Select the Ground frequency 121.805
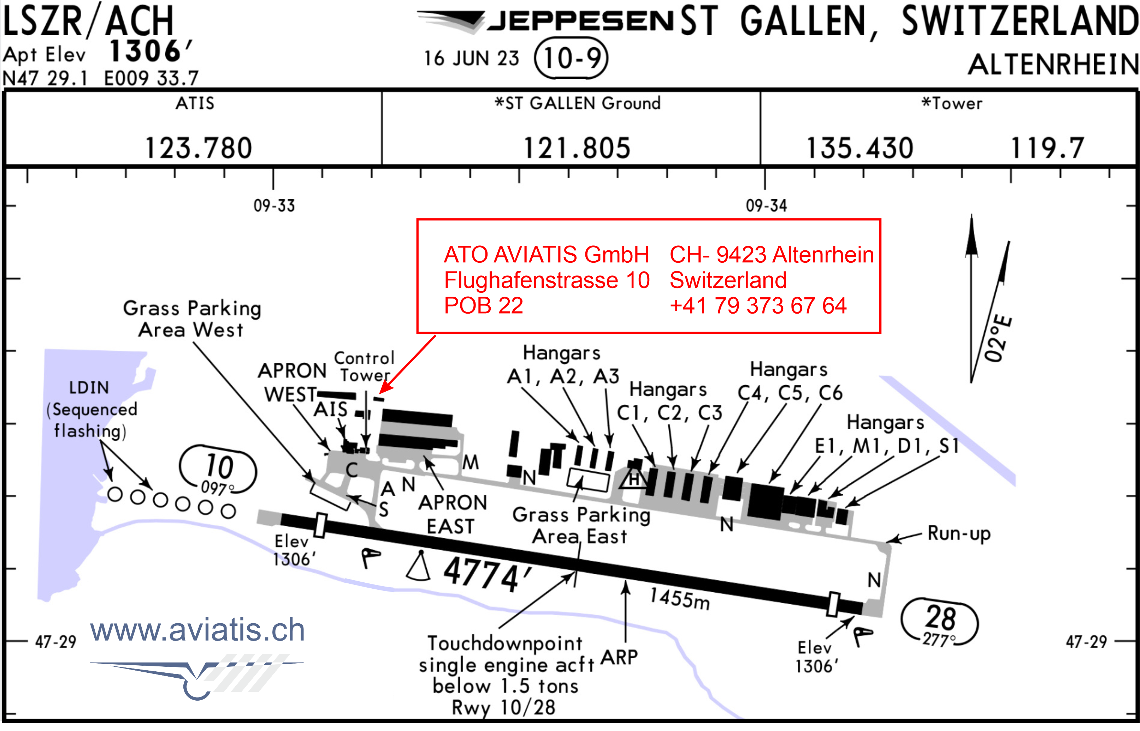coord(577,148)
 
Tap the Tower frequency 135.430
coord(860,148)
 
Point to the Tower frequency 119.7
coord(1047,148)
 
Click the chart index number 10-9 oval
coord(571,58)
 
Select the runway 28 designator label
coord(940,618)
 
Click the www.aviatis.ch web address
coord(197,630)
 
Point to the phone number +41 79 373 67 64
coord(758,305)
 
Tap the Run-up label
coord(959,534)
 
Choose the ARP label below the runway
coord(619,658)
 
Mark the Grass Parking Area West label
coord(192,319)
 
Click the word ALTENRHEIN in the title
coord(1053,65)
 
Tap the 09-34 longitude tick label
coord(766,206)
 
